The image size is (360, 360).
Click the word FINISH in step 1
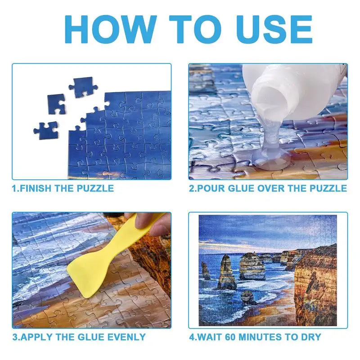pyautogui.click(x=36, y=188)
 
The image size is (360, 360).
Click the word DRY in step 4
pyautogui.click(x=310, y=337)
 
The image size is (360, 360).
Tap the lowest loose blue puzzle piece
pyautogui.click(x=46, y=130)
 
